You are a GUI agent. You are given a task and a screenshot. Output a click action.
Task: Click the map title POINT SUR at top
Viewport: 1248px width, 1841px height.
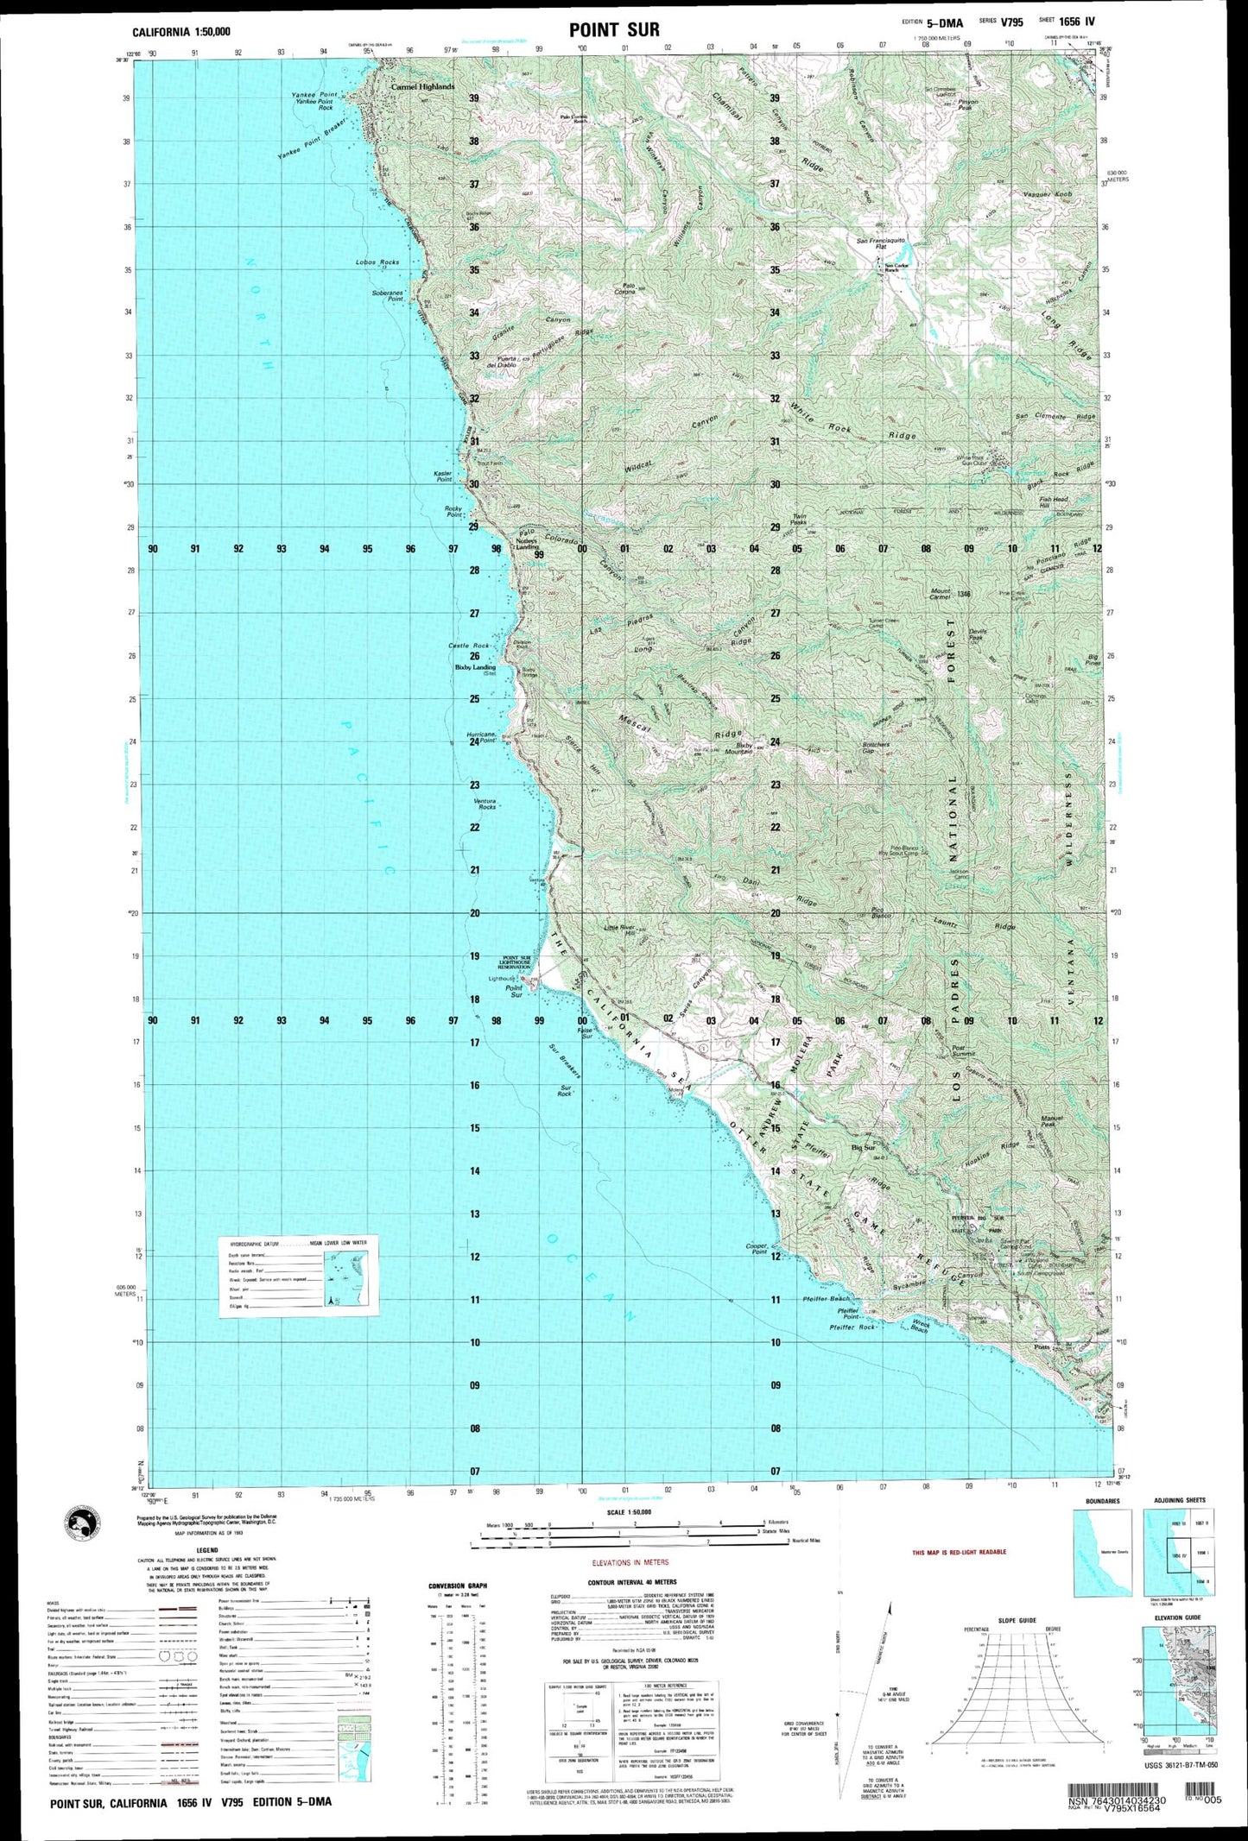click(x=614, y=30)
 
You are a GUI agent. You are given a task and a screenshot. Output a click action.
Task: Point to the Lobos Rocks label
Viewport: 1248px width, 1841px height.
click(x=377, y=262)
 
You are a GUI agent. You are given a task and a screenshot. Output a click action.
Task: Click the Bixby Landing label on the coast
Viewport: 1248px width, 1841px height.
click(x=476, y=667)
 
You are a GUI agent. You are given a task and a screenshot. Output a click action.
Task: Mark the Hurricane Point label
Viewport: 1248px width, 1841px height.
click(x=482, y=737)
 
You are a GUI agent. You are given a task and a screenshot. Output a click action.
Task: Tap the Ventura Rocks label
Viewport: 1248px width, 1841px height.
click(x=485, y=804)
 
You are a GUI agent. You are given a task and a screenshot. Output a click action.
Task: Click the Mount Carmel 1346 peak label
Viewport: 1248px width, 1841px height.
click(x=950, y=594)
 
